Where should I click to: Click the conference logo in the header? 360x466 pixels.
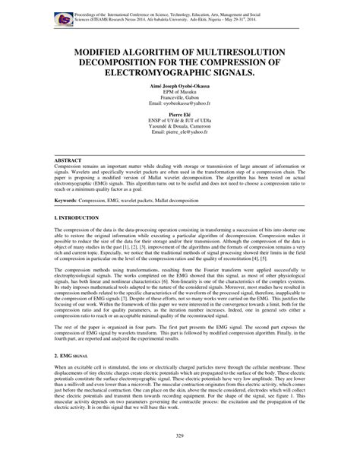(58, 16)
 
